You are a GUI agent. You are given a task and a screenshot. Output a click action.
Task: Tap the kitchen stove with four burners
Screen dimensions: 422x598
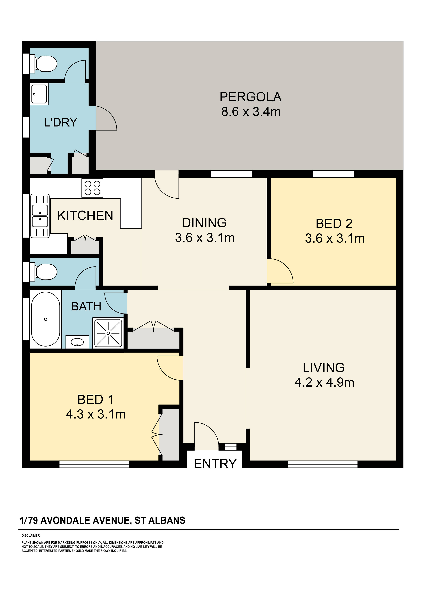pyautogui.click(x=92, y=188)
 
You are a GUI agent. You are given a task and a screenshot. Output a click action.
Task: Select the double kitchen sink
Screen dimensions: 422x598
pyautogui.click(x=40, y=216)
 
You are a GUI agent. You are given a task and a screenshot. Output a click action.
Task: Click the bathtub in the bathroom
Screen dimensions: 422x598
pyautogui.click(x=45, y=319)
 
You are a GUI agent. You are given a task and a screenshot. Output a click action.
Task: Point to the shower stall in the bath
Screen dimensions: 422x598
pyautogui.click(x=108, y=333)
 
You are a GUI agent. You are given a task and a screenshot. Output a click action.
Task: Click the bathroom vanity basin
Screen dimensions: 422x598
pyautogui.click(x=77, y=342)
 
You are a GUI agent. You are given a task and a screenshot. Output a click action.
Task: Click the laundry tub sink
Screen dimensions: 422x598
pyautogui.click(x=39, y=94)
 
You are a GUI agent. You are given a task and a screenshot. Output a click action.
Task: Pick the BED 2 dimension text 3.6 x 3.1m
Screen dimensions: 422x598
pyautogui.click(x=335, y=238)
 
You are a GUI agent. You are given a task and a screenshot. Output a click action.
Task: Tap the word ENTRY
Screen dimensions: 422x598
pyautogui.click(x=215, y=464)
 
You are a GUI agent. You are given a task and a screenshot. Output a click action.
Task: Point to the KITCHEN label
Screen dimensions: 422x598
pyautogui.click(x=85, y=215)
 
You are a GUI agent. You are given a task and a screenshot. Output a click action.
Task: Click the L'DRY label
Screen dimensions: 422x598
pyautogui.click(x=61, y=122)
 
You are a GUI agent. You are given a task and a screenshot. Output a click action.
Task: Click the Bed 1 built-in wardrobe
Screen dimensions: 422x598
pyautogui.click(x=169, y=434)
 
